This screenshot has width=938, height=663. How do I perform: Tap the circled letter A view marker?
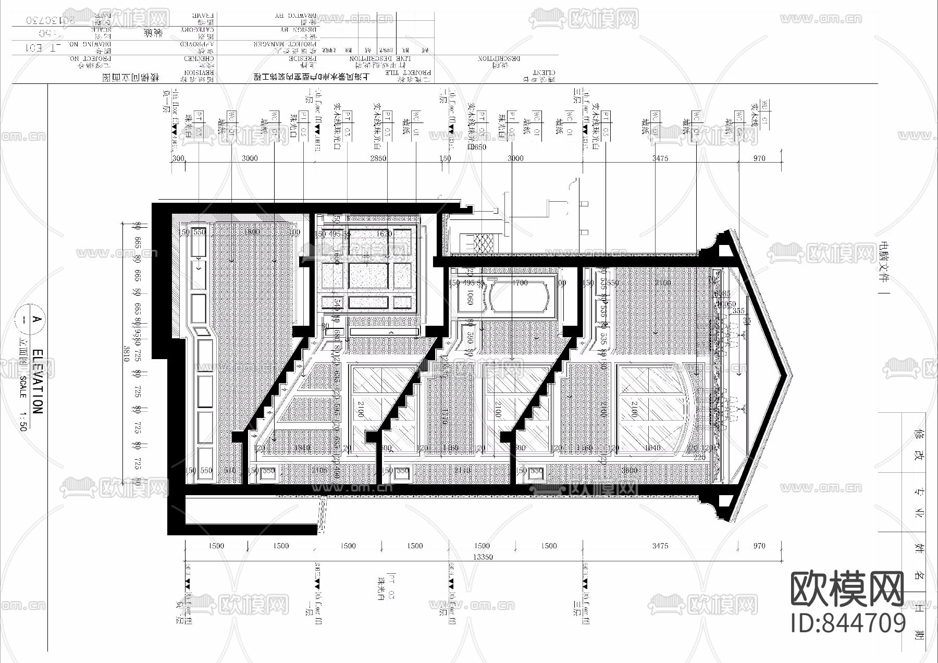36,319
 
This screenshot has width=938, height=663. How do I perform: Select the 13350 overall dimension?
483,557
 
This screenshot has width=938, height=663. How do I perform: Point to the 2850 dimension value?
378,158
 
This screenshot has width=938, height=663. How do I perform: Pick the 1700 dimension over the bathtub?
520,283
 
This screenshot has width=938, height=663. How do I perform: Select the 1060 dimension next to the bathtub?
470,298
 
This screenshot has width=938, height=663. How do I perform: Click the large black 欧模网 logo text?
847,589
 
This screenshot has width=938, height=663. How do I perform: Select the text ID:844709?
848,623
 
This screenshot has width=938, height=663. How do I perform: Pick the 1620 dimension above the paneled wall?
384,234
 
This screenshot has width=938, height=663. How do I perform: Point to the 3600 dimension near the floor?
631,470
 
